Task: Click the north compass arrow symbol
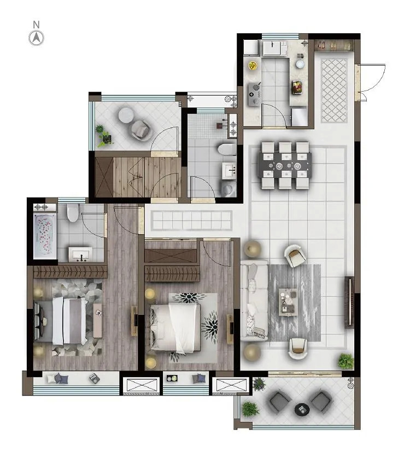click(x=36, y=38)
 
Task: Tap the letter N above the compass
click(x=36, y=25)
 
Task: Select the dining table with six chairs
click(x=285, y=166)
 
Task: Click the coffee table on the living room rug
click(x=288, y=302)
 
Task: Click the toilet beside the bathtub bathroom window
click(x=73, y=212)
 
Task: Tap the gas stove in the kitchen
click(x=254, y=94)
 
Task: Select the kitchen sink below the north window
click(x=274, y=48)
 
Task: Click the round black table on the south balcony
click(x=302, y=409)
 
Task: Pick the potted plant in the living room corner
click(x=345, y=361)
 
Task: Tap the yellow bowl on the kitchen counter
click(x=253, y=65)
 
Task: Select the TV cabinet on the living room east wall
click(x=349, y=302)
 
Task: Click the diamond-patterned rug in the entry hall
click(x=334, y=91)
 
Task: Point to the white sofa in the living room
click(x=254, y=300)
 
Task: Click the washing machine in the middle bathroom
click(x=229, y=189)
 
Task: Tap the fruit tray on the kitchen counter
click(x=297, y=87)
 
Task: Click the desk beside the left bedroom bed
click(x=97, y=320)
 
